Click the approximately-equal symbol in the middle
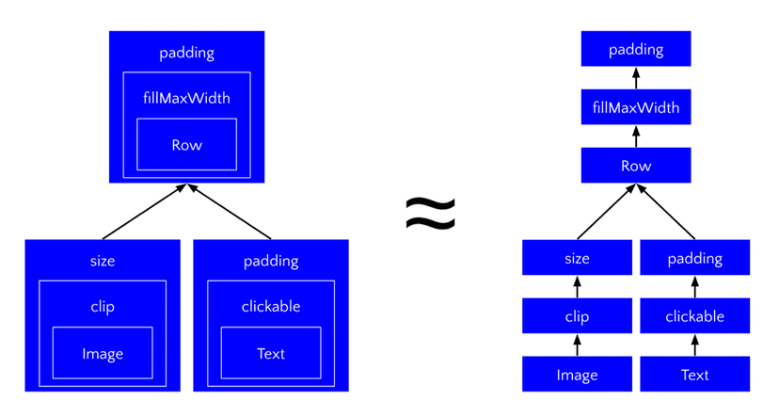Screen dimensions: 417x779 click(x=430, y=213)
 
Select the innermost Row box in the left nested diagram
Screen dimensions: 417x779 click(x=186, y=144)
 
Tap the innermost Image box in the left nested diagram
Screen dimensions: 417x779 click(x=103, y=353)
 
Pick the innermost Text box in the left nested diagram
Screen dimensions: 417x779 click(x=271, y=353)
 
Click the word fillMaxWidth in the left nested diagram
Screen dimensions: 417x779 click(x=186, y=97)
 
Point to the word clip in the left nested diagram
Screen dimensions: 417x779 click(x=103, y=306)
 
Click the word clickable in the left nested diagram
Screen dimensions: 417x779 click(x=271, y=306)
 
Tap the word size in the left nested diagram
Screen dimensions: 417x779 click(x=103, y=261)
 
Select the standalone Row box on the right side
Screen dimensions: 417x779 click(x=636, y=166)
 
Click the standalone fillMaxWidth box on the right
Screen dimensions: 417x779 click(x=636, y=107)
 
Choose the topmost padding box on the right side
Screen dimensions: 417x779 click(x=636, y=49)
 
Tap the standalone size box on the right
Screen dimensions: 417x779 click(x=577, y=258)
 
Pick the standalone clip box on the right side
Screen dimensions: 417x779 click(x=577, y=316)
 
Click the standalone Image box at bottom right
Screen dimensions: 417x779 click(x=577, y=375)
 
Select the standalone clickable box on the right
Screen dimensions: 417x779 click(x=694, y=316)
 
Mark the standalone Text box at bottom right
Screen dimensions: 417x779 click(x=694, y=375)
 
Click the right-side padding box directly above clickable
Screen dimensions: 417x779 click(x=694, y=258)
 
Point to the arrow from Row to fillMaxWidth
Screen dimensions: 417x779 click(x=636, y=136)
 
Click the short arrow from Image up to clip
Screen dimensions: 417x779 click(x=577, y=345)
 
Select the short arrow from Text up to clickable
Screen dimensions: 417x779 click(x=694, y=345)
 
